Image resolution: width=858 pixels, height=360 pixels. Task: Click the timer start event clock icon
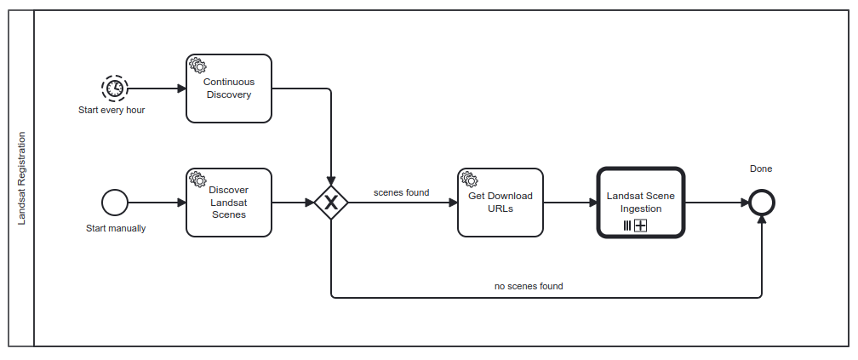pos(113,88)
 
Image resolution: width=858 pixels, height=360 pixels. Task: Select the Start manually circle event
pos(114,203)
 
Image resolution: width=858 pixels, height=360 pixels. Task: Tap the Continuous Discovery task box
pos(229,89)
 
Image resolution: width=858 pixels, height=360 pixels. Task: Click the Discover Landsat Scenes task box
pos(229,203)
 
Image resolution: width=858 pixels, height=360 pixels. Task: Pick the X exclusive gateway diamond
pos(331,203)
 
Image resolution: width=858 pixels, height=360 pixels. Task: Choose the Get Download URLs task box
pos(500,203)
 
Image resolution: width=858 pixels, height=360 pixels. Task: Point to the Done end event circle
pos(762,203)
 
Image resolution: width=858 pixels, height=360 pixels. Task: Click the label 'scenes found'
pos(401,192)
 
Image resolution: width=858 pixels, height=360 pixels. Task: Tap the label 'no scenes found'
pos(529,286)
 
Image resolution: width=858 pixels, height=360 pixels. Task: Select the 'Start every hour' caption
pos(112,111)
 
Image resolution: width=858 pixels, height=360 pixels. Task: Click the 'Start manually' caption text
pos(116,228)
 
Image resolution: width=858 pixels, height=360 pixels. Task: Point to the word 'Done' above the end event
pos(761,169)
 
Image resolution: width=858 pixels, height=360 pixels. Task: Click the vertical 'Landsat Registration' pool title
pos(22,179)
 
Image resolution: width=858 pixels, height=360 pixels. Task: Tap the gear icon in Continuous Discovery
pos(197,65)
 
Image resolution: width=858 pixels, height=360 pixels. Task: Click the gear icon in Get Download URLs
pos(468,179)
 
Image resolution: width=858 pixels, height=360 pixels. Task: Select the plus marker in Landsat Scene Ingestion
pos(641,226)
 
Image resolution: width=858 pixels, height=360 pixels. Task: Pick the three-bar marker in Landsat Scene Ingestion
pos(627,226)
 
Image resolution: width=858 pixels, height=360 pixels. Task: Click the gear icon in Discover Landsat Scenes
pos(197,179)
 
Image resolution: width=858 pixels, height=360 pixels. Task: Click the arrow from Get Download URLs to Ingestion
pos(569,203)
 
